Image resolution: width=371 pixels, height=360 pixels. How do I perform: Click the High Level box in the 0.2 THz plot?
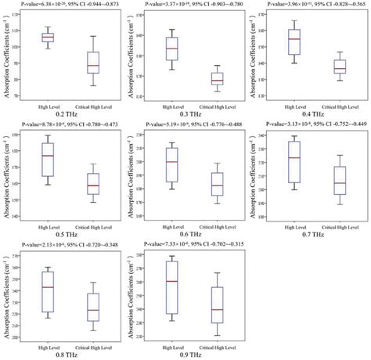(x=47, y=37)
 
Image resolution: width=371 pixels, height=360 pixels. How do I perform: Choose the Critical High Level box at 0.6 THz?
(x=217, y=184)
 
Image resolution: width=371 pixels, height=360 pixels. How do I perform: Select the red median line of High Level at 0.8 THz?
(x=47, y=287)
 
